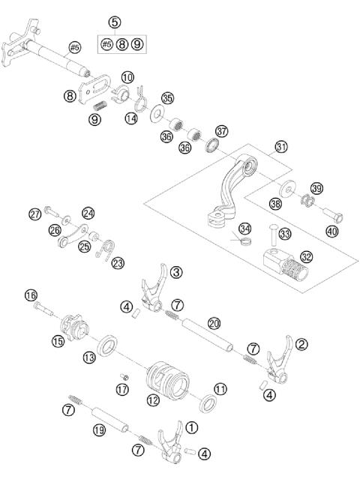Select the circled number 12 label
pos(153,400)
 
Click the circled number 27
pos(34,214)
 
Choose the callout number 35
pos(167,97)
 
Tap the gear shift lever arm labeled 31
pos(232,187)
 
